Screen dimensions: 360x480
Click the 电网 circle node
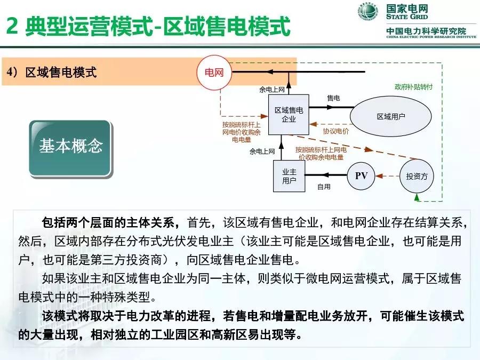point(214,73)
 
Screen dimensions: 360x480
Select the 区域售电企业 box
point(289,115)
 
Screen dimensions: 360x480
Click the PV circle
point(361,175)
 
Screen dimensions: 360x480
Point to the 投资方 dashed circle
point(417,176)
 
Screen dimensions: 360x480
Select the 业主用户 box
point(289,175)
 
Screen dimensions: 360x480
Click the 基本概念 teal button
point(70,147)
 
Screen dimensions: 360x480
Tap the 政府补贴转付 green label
point(413,86)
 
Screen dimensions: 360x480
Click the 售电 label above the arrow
point(333,98)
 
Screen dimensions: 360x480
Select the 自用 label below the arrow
point(324,187)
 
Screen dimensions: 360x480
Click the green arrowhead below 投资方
point(417,197)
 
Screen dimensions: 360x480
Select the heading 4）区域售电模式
point(52,73)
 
